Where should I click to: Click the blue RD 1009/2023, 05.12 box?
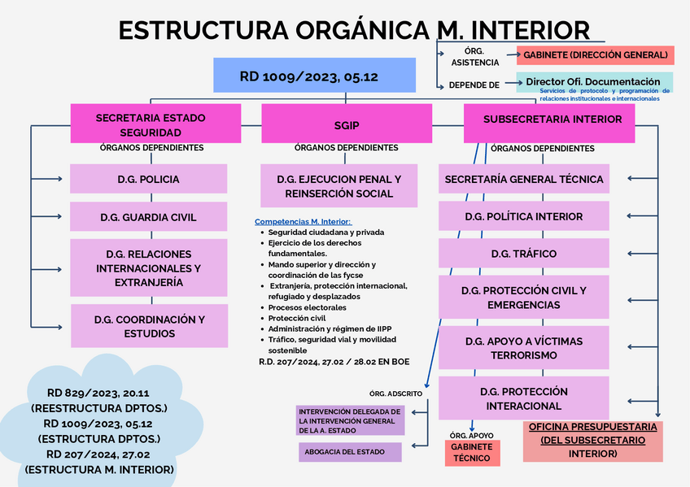[x=314, y=75]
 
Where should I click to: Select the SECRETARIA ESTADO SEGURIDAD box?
[x=151, y=124]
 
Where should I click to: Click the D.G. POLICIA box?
[x=149, y=179]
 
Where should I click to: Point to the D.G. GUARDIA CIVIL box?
[x=149, y=217]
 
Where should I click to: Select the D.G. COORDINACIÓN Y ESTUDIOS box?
[x=150, y=325]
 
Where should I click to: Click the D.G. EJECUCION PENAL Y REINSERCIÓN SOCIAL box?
[x=338, y=185]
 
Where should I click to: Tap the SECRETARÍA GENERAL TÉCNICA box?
[x=523, y=179]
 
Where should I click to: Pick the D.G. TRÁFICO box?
[x=523, y=254]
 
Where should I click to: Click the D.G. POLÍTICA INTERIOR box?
[x=523, y=216]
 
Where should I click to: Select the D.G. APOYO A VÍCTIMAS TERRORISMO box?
[x=523, y=348]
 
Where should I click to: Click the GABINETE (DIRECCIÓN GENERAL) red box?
[x=595, y=55]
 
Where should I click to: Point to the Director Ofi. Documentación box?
[x=593, y=81]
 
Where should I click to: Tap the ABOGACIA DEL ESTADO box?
[x=349, y=452]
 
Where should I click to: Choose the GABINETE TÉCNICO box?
[x=472, y=453]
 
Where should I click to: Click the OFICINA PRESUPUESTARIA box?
[x=592, y=441]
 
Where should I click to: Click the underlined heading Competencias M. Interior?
[x=304, y=221]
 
